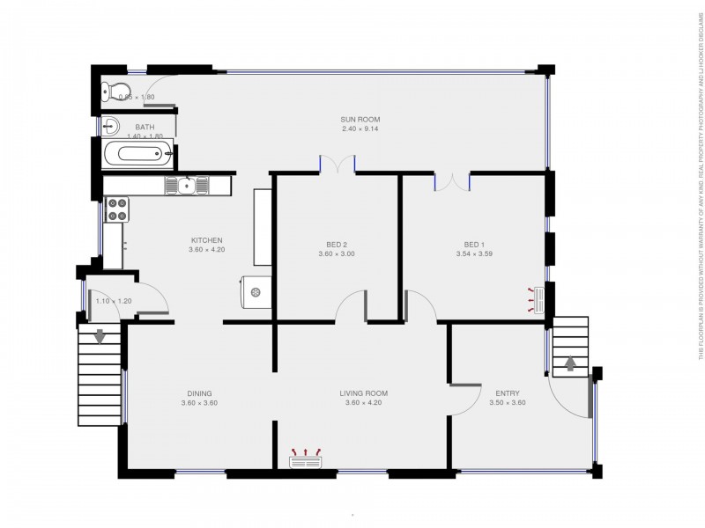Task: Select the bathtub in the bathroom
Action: [137, 156]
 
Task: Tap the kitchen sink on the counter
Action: [187, 185]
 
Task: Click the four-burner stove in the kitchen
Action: [116, 209]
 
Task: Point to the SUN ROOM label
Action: [360, 119]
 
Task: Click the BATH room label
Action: [145, 127]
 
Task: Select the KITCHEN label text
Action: [207, 240]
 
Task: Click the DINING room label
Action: [199, 393]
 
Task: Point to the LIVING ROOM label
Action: [364, 393]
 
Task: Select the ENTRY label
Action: [507, 393]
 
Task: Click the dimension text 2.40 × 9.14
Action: [360, 129]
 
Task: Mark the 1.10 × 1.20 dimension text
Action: [113, 302]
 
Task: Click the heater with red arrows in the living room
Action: [306, 456]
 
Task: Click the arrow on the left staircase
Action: [100, 335]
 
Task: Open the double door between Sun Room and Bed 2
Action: [337, 165]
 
